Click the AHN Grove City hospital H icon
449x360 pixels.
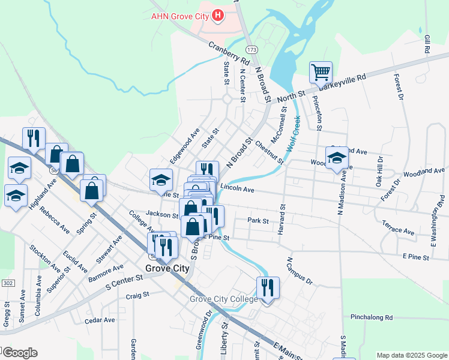click(218, 15)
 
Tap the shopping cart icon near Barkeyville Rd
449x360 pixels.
click(321, 73)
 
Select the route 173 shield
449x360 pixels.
click(250, 47)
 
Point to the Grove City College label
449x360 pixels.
click(224, 299)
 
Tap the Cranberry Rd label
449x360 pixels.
click(229, 52)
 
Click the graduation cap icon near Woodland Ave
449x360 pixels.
click(337, 158)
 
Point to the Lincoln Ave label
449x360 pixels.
click(238, 190)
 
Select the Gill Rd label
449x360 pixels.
click(427, 44)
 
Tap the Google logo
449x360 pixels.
click(19, 353)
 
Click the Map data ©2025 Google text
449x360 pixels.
click(412, 355)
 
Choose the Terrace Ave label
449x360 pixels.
click(398, 227)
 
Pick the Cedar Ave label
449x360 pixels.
click(100, 320)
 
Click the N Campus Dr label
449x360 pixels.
click(300, 271)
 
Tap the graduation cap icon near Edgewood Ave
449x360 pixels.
click(161, 179)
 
